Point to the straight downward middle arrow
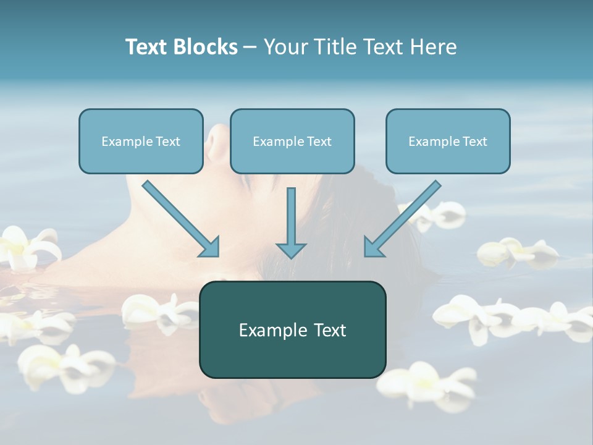click(x=291, y=216)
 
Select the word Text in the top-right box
click(x=474, y=142)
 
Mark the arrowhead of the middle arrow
click(x=291, y=250)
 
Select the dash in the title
click(x=250, y=47)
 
